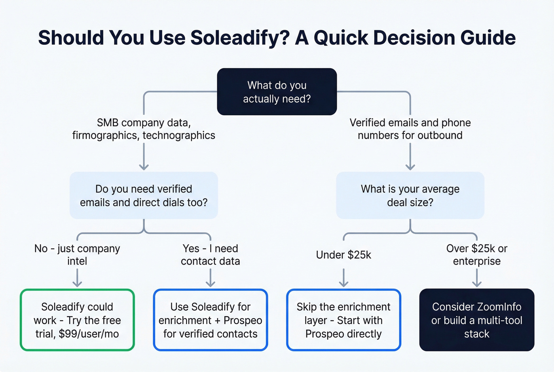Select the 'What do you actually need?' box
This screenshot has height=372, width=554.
tap(277, 92)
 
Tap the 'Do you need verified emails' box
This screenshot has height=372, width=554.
tap(144, 195)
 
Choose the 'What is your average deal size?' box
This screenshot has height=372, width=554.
tap(410, 195)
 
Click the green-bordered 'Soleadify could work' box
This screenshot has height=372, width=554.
tap(77, 320)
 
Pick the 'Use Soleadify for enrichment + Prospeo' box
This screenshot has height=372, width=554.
tap(210, 320)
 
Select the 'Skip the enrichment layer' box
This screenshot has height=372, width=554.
tap(343, 320)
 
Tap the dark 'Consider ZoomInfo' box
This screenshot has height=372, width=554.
tap(476, 320)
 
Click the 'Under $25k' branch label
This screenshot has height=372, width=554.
tap(343, 255)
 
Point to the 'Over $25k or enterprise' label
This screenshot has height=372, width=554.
tap(476, 255)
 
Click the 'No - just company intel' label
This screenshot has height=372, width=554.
tap(77, 255)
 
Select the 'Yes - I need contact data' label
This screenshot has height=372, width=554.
tap(210, 255)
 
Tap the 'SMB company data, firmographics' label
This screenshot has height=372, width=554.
tap(144, 129)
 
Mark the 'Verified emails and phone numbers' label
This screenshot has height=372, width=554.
tap(410, 129)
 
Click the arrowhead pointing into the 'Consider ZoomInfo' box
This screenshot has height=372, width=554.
tap(477, 284)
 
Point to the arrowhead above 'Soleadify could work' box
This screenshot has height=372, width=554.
tap(77, 284)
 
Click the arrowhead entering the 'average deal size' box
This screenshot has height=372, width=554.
tap(410, 167)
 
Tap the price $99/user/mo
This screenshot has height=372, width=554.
tap(89, 334)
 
